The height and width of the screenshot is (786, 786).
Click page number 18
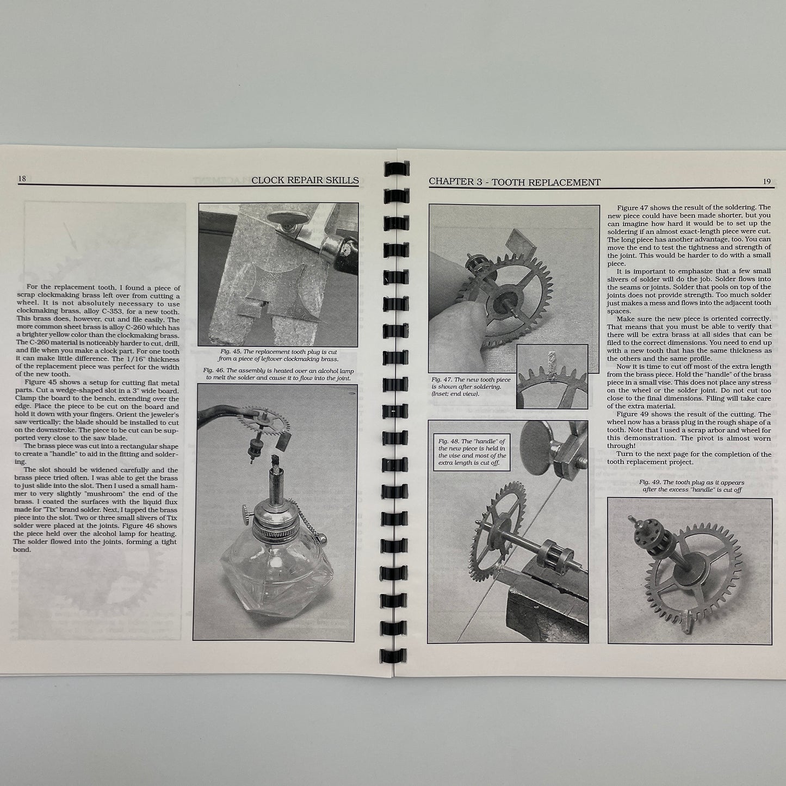point(22,178)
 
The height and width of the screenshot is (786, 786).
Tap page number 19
point(767,182)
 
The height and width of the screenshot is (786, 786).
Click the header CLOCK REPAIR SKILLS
point(305,180)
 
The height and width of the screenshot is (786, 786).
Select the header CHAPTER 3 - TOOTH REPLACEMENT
point(515,182)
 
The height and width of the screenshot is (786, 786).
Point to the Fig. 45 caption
point(278,355)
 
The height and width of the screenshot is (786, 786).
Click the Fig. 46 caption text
point(278,374)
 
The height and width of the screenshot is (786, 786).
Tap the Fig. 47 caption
point(471,386)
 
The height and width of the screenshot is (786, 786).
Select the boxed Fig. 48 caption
point(472,452)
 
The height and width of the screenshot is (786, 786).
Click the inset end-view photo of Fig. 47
point(552,376)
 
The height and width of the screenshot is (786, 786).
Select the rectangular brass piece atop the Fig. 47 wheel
point(521,243)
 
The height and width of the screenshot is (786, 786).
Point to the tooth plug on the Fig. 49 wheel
point(688,622)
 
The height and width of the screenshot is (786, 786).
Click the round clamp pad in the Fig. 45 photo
point(288,218)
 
